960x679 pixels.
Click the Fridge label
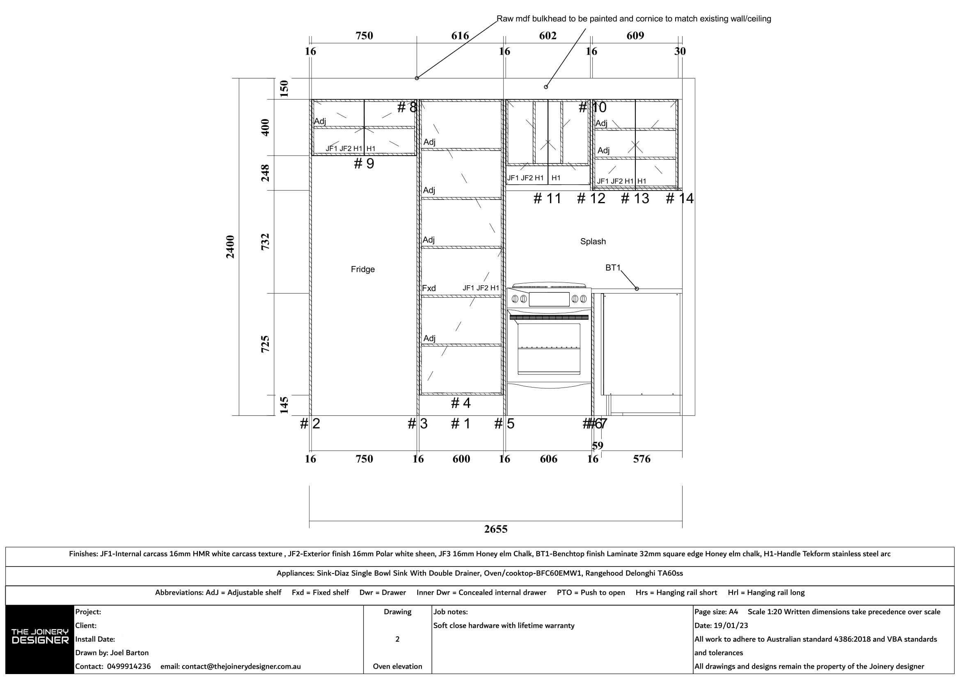362,269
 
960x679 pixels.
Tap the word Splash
593,241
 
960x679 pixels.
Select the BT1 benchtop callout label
612,268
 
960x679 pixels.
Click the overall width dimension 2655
495,529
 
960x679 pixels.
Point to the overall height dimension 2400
230,247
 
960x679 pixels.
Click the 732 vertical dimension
265,242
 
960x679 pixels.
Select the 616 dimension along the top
460,36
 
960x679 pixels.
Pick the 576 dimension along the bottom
642,459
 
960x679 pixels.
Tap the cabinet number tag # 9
364,163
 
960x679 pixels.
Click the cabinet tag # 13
635,198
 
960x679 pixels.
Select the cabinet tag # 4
461,403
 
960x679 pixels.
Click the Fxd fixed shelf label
428,288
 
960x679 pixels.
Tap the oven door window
549,348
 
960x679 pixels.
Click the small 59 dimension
598,445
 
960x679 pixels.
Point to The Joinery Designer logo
40,636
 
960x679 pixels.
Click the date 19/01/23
731,626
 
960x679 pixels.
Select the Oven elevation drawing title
397,666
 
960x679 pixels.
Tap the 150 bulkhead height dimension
284,88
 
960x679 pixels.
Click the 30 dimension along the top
680,51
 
